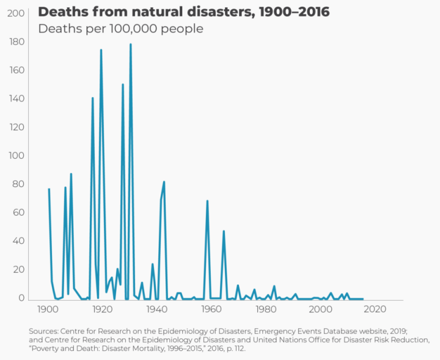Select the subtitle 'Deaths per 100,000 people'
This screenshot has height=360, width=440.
click(x=120, y=29)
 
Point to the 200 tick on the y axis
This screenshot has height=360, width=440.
click(x=17, y=13)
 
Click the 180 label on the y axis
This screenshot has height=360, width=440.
click(x=17, y=42)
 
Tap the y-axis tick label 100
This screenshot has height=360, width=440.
click(x=17, y=155)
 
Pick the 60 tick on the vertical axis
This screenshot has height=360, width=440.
click(x=18, y=212)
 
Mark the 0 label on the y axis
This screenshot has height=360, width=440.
click(x=21, y=298)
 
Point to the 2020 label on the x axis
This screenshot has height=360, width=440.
click(x=376, y=310)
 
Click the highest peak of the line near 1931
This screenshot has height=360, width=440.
click(x=131, y=44)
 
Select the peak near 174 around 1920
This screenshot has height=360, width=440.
click(x=101, y=50)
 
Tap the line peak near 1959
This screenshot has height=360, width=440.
click(x=207, y=200)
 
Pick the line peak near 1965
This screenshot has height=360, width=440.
click(x=224, y=231)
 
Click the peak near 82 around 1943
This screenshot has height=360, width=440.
click(x=164, y=182)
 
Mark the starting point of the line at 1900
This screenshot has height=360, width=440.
click(x=49, y=189)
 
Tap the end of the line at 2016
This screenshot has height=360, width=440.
click(x=363, y=299)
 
